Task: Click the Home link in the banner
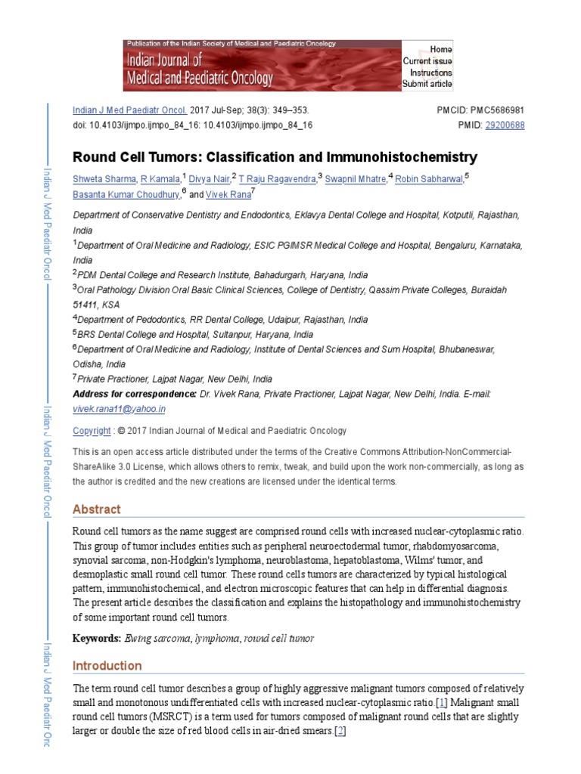click(441, 49)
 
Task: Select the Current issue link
click(427, 61)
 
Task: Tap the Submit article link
click(427, 84)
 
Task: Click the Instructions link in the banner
click(430, 73)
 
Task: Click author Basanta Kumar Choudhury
click(126, 194)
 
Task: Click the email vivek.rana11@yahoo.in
click(119, 409)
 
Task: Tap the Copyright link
click(91, 431)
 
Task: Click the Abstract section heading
click(96, 509)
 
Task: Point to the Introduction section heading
click(107, 666)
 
